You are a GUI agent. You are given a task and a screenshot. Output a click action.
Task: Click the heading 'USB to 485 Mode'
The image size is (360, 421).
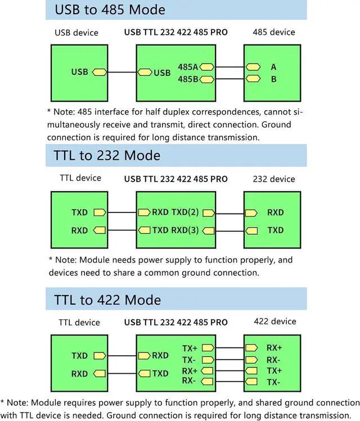click(x=110, y=10)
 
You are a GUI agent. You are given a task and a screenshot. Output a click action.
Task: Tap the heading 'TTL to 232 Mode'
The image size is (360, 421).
click(x=107, y=155)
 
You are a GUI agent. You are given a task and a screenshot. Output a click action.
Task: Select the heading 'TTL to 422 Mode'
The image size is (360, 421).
click(x=107, y=299)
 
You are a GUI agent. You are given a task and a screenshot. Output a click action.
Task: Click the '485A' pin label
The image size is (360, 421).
click(x=188, y=67)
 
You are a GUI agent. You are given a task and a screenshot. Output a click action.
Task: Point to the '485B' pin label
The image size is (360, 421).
click(x=188, y=79)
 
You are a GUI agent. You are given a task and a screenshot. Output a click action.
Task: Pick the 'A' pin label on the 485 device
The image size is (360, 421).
click(x=274, y=67)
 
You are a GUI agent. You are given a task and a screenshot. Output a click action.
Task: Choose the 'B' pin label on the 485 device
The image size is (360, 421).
click(x=274, y=79)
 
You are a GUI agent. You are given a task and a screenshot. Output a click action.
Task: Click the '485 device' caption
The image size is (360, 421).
click(x=273, y=32)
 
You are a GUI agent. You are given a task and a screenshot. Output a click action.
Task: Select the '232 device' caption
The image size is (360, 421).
click(x=274, y=179)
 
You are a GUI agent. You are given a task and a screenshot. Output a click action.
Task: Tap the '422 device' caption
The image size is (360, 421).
click(x=274, y=322)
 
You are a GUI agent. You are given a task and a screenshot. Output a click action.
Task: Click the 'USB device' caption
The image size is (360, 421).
click(x=76, y=33)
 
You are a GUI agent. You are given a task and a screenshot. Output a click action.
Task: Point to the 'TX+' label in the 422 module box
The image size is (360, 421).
click(x=190, y=348)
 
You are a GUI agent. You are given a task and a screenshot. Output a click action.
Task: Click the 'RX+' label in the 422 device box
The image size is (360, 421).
click(x=274, y=348)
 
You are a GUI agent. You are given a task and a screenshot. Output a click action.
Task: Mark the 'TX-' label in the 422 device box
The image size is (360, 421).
click(x=274, y=382)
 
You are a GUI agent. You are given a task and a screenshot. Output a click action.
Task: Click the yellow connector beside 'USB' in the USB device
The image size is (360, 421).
click(x=100, y=73)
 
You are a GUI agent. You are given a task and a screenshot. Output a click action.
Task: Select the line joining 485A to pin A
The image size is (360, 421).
click(x=229, y=67)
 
